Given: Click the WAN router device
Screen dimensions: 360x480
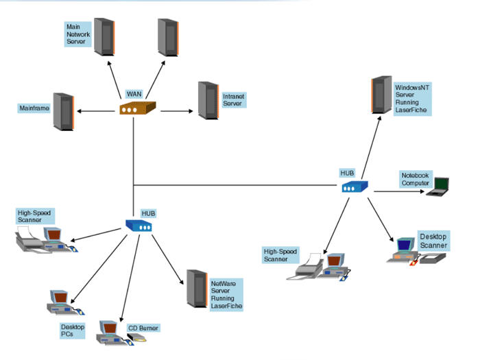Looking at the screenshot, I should (138, 108).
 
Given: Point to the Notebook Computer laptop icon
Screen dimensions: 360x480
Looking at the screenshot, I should (437, 186).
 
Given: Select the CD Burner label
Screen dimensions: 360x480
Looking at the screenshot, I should (143, 328).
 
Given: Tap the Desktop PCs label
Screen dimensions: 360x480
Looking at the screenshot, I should (72, 331).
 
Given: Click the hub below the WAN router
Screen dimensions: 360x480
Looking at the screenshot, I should (138, 225).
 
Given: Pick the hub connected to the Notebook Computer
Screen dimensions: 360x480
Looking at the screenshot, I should (355, 186).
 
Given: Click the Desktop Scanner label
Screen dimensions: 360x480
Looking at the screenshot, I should (433, 241).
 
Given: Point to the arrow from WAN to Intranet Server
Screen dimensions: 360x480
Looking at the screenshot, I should (175, 110).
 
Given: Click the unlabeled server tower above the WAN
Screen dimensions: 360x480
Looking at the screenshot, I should (168, 37).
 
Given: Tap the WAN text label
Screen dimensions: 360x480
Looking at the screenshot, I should (134, 94).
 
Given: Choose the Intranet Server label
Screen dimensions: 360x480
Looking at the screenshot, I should (233, 100).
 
